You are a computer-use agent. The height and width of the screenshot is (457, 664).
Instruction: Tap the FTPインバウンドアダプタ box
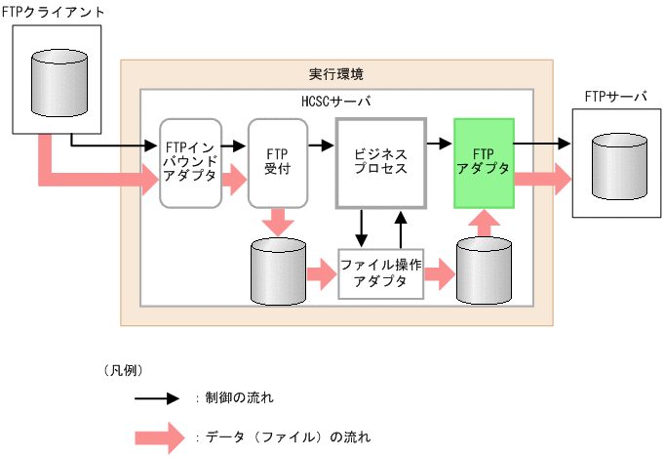192,163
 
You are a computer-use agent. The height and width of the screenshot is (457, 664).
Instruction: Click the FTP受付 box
278,163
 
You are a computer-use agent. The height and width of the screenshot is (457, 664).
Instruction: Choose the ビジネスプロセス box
381,163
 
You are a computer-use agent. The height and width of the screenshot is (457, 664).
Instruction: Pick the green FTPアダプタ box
484,163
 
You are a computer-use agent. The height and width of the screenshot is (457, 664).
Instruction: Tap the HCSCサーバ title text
336,102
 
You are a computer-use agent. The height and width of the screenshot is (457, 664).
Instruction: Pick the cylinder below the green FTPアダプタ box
485,271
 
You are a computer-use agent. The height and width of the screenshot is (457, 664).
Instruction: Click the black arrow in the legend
156,398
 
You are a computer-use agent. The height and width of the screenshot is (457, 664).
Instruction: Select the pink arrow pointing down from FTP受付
279,222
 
